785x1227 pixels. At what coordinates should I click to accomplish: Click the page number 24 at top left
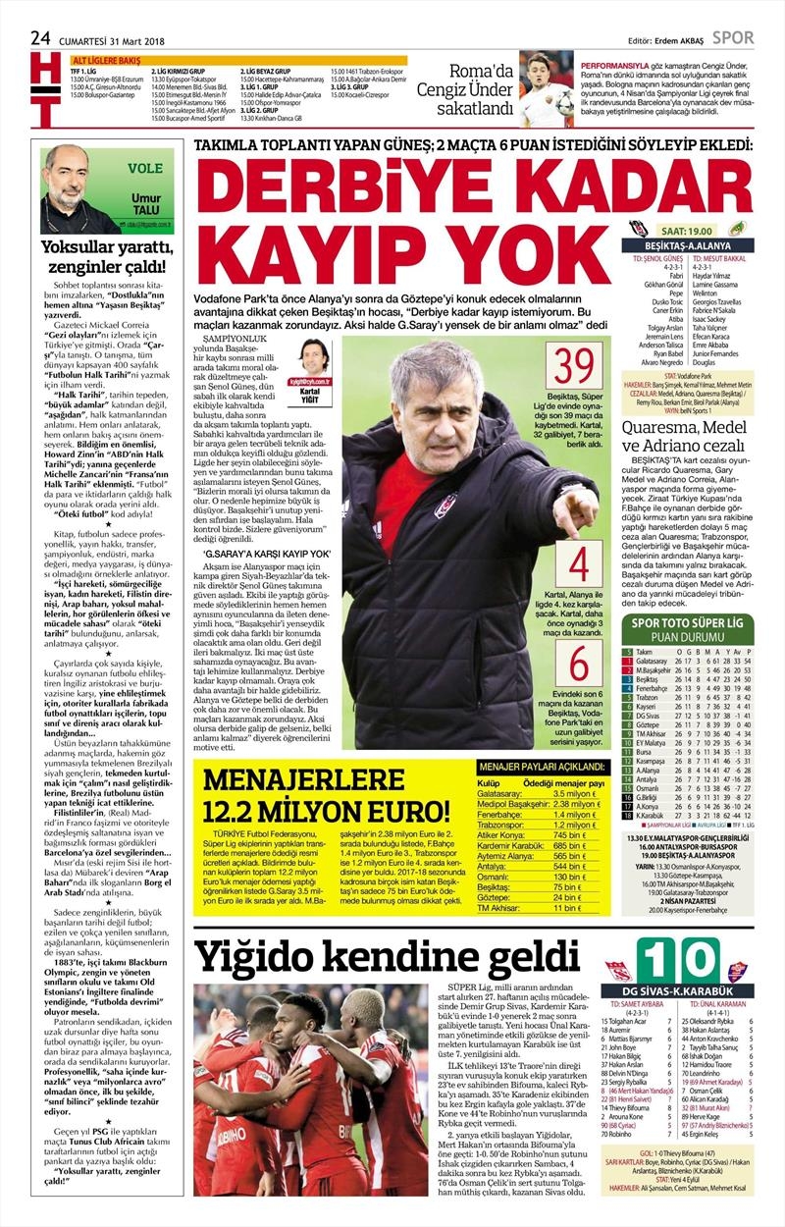(40, 37)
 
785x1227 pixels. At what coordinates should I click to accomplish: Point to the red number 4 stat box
(579, 563)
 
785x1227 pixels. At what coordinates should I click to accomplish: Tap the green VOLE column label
(145, 168)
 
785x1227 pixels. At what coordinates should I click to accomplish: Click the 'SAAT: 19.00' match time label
(697, 228)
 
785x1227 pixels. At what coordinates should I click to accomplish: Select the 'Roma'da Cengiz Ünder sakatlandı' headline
(467, 89)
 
